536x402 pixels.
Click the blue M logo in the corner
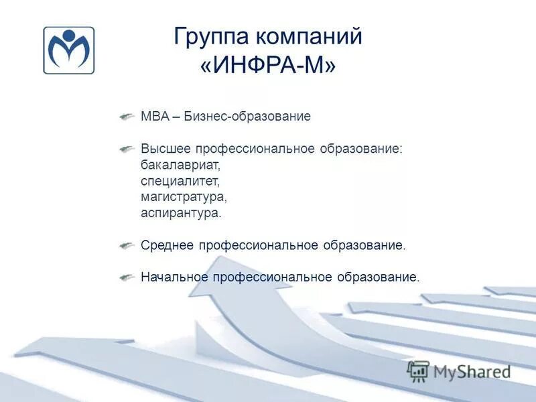click(69, 50)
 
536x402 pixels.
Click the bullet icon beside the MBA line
click(127, 117)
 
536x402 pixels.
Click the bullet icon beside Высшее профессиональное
click(127, 148)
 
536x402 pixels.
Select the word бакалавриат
click(180, 164)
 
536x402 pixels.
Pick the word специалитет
click(180, 181)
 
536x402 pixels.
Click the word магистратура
click(184, 197)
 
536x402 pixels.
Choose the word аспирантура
click(180, 213)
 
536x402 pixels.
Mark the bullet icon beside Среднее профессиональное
click(127, 245)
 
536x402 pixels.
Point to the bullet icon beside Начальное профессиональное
click(127, 277)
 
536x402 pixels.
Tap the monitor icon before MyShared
click(418, 371)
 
